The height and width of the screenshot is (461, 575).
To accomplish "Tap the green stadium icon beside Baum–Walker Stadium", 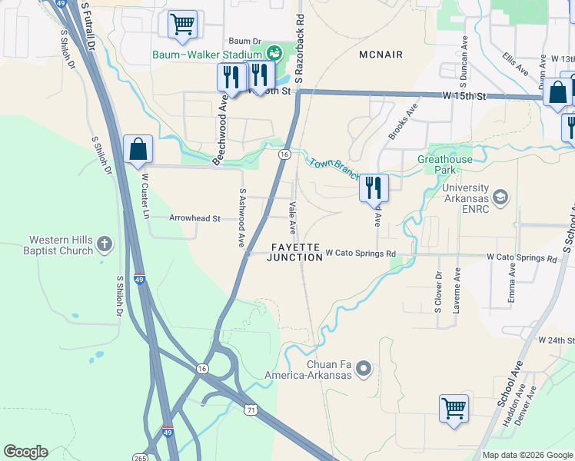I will point(274,53).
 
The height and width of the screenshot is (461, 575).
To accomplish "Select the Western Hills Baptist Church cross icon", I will point(105,246).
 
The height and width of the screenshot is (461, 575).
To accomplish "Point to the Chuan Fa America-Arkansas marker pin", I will point(364,370).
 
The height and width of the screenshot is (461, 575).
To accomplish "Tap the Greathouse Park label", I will point(446,164).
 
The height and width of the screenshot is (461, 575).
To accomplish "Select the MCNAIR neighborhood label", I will point(381,55).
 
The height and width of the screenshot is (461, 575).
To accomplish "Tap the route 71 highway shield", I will point(251,411).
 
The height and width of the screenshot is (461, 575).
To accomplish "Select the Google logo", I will point(25,452).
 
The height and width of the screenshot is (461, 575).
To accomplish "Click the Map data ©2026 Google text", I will point(527,454).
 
